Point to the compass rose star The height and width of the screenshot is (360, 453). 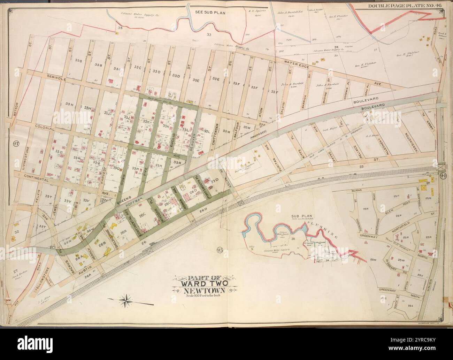tap(126, 299)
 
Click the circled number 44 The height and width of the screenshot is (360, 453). tap(443, 176)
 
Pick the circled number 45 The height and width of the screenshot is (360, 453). tap(219, 250)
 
